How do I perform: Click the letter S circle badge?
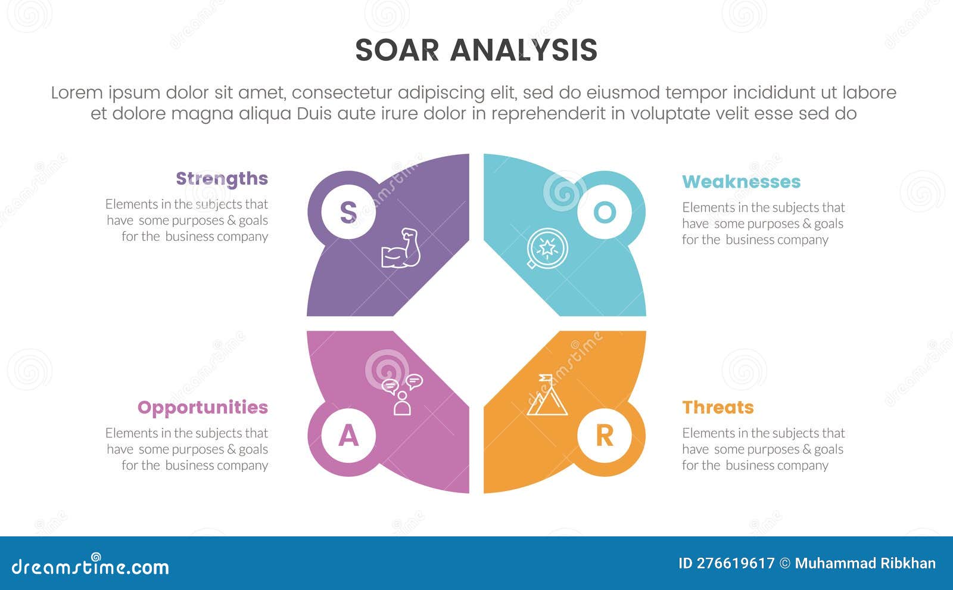[x=348, y=212]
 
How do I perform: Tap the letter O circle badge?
[x=605, y=212]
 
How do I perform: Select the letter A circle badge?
[x=348, y=436]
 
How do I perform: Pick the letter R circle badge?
[x=605, y=436]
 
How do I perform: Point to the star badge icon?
[x=547, y=249]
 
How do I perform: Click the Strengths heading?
[x=222, y=179]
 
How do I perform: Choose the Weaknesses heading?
[x=741, y=182]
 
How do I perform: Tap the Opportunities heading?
[x=203, y=407]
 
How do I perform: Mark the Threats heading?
[x=718, y=407]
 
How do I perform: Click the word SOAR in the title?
[x=397, y=50]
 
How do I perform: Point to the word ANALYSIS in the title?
[x=524, y=50]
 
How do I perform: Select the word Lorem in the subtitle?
[x=76, y=93]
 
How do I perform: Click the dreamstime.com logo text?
[x=91, y=567]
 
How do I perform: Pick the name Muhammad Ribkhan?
[x=865, y=563]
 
